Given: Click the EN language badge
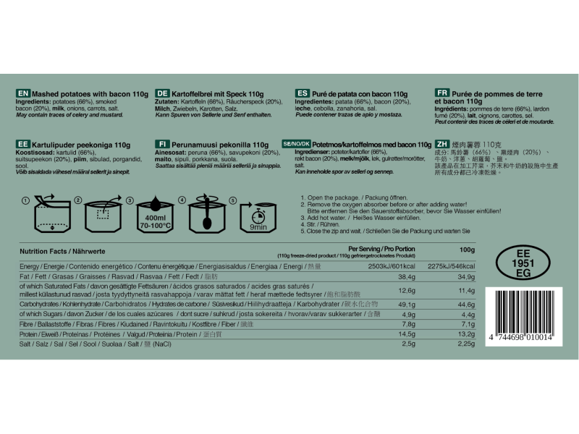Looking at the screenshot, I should click(x=23, y=94).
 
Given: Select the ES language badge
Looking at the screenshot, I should click(x=303, y=94).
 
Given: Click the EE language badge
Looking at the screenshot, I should click(x=23, y=145).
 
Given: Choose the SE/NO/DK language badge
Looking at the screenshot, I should click(x=296, y=145).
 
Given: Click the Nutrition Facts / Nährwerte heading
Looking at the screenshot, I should click(x=63, y=250).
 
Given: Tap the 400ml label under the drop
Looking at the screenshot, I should click(x=155, y=218).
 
